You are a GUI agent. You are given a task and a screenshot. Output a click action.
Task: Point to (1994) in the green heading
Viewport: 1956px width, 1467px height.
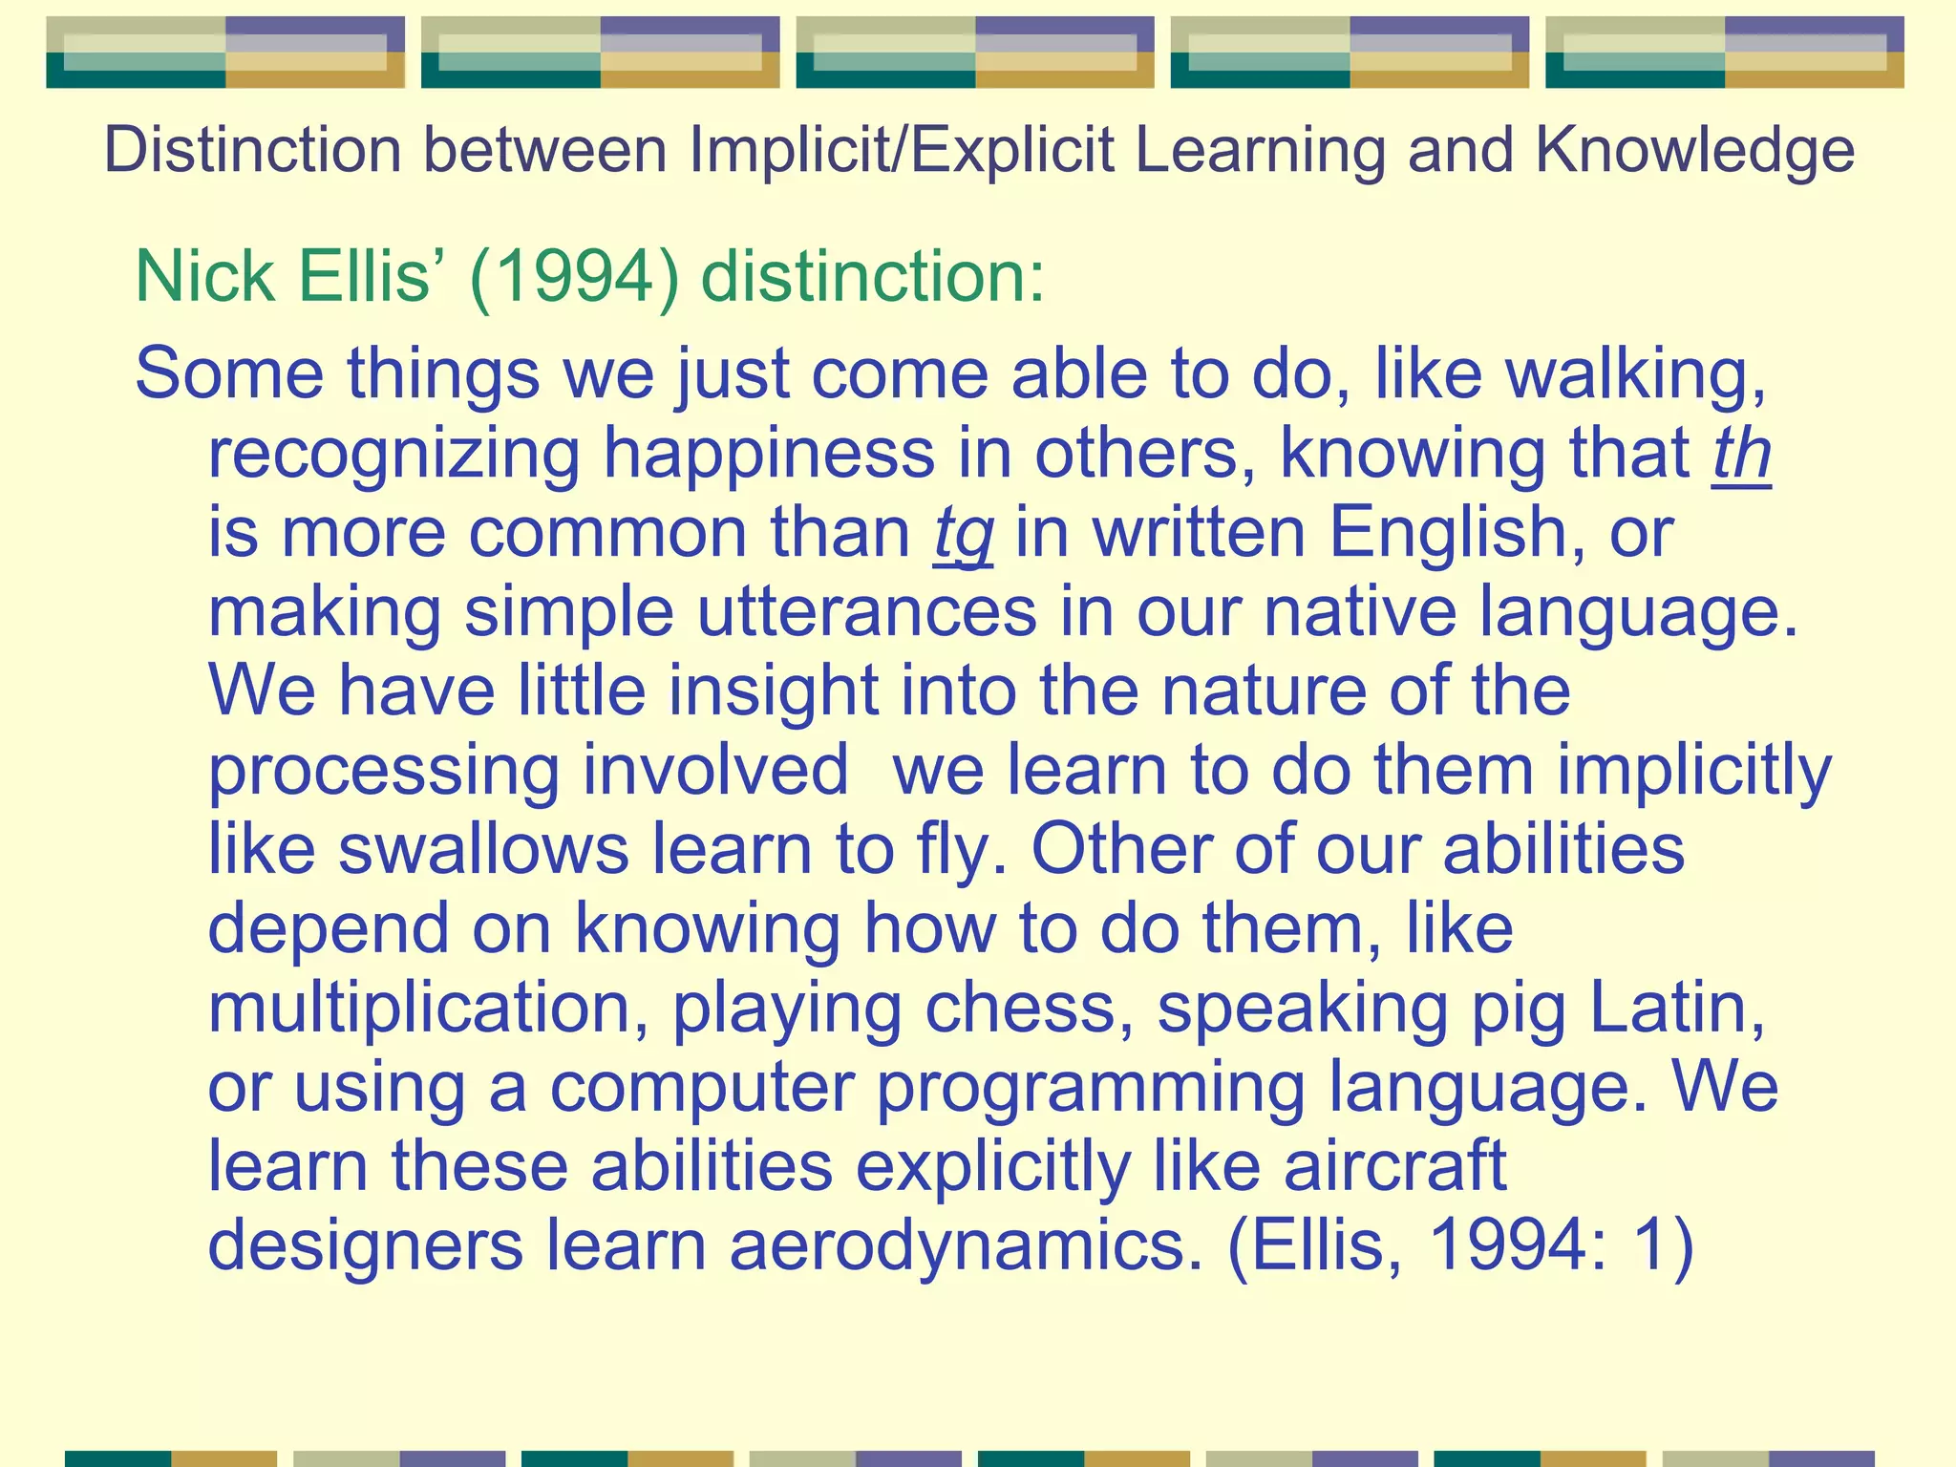click(x=574, y=277)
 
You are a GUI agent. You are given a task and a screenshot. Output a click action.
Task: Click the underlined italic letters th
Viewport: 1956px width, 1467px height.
click(x=1741, y=454)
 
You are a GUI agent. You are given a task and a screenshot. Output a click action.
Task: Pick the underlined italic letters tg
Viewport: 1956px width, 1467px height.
click(x=963, y=533)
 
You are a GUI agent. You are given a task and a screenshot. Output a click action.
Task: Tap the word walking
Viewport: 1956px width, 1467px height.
click(x=1634, y=373)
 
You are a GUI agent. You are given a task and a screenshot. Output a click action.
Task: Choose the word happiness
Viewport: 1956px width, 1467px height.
click(x=769, y=454)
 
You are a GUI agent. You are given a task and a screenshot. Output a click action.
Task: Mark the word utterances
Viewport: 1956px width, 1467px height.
click(x=866, y=612)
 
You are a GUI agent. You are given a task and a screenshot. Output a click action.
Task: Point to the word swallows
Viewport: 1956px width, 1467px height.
click(x=483, y=849)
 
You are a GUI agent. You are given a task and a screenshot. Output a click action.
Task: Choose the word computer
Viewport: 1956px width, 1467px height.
click(x=702, y=1088)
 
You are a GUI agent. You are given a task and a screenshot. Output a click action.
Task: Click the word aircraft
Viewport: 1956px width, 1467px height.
click(x=1394, y=1167)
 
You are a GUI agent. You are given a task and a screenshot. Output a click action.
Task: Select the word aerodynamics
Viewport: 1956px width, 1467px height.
click(x=965, y=1246)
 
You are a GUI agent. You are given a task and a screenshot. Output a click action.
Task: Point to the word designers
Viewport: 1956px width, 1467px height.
click(x=366, y=1246)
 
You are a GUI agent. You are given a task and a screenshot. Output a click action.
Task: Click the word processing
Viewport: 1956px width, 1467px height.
click(x=384, y=772)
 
